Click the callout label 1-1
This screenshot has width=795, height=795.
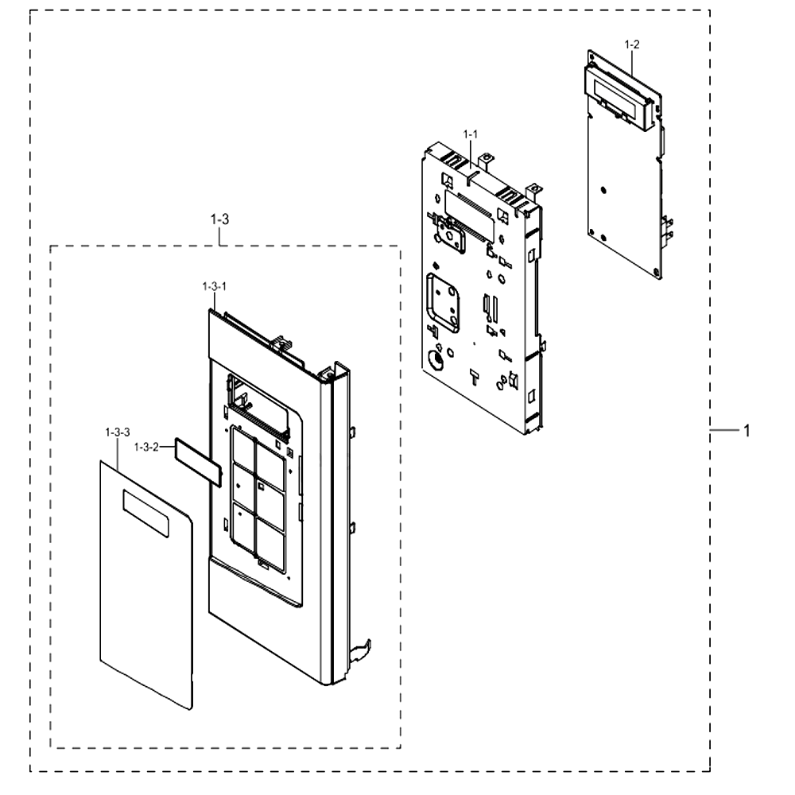pos(470,134)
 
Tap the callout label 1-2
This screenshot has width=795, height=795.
pos(632,45)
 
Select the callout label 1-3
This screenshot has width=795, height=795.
pos(219,219)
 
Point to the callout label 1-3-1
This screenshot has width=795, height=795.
pos(215,286)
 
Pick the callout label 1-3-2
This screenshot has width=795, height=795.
pos(146,447)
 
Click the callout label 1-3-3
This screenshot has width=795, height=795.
pos(118,432)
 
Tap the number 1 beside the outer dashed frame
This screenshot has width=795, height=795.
pos(747,431)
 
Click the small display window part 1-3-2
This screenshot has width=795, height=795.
pos(198,462)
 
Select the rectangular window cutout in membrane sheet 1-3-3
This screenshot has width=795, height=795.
pos(146,514)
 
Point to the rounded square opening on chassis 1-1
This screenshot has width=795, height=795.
pos(443,303)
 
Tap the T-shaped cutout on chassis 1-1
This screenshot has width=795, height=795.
pos(475,377)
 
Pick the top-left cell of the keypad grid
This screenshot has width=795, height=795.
pos(243,447)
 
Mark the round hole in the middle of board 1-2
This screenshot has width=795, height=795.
pos(603,190)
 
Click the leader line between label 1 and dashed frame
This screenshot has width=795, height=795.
pos(725,430)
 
